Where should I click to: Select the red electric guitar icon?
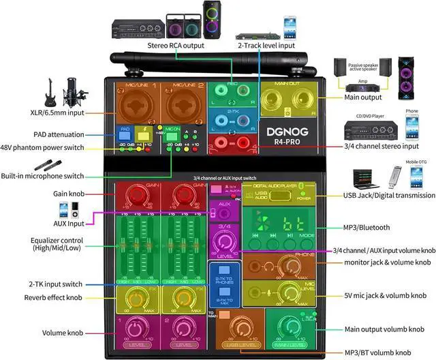(x=50, y=91)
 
